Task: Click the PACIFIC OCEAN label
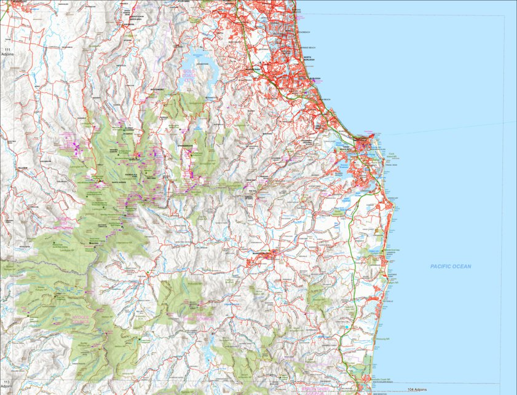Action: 451,266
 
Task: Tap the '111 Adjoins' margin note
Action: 8,51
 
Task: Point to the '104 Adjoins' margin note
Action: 416,389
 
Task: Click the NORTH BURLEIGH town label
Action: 308,58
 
